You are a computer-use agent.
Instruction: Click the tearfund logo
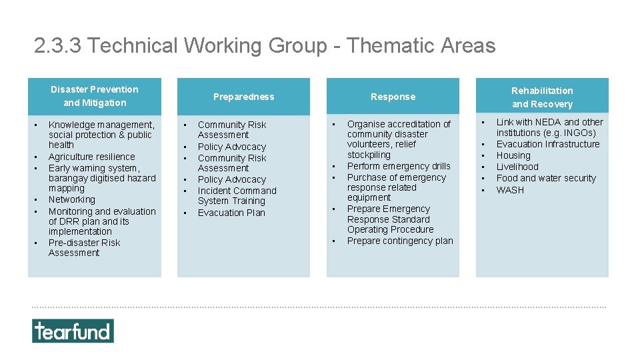(73, 331)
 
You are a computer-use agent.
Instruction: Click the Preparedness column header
(243, 97)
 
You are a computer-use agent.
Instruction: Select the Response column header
(393, 97)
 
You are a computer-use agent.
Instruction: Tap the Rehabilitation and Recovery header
(542, 97)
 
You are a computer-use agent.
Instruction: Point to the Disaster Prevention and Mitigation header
(94, 96)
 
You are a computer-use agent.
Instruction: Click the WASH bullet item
(510, 190)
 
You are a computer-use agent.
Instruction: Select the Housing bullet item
(513, 155)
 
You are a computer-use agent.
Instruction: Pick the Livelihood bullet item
(517, 167)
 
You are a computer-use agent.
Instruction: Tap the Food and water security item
(546, 178)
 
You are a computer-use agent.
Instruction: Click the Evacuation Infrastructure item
(548, 144)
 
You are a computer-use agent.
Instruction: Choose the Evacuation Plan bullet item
(231, 213)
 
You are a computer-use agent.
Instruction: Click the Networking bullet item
(72, 199)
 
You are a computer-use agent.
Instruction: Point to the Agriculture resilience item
(91, 157)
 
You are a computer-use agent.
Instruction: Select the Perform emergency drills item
(399, 166)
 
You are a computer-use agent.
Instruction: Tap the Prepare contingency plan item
(400, 241)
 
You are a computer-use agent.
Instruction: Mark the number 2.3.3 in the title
(58, 45)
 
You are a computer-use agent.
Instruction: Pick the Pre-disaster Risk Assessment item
(84, 247)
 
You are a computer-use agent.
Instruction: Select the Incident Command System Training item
(237, 195)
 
